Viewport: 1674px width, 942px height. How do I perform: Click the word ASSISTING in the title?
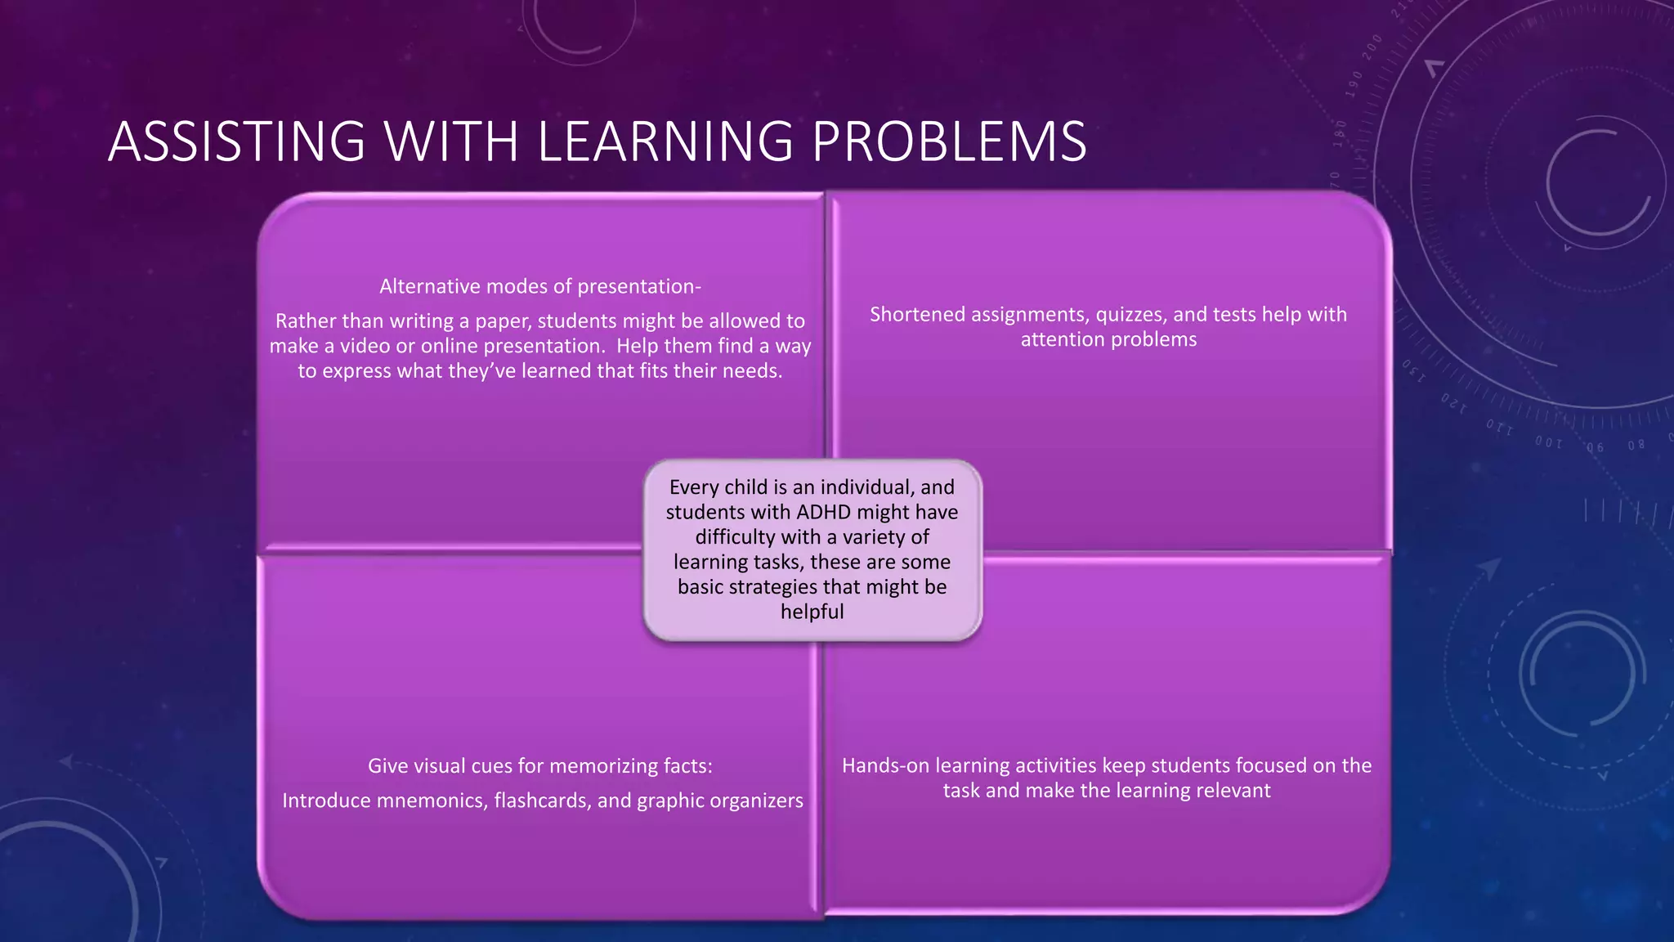tap(236, 141)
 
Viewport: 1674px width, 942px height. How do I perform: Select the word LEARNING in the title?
tap(665, 141)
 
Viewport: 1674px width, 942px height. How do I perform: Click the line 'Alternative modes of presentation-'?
tap(539, 286)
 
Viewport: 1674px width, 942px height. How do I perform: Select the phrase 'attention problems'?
tap(1108, 339)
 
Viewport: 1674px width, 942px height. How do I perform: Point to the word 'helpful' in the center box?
tap(812, 612)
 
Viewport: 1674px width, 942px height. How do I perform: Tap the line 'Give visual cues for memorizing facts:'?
tap(539, 766)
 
